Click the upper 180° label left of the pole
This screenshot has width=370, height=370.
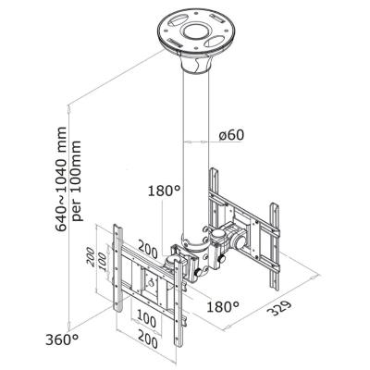coord(163,192)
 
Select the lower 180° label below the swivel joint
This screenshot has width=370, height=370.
coord(221,306)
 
